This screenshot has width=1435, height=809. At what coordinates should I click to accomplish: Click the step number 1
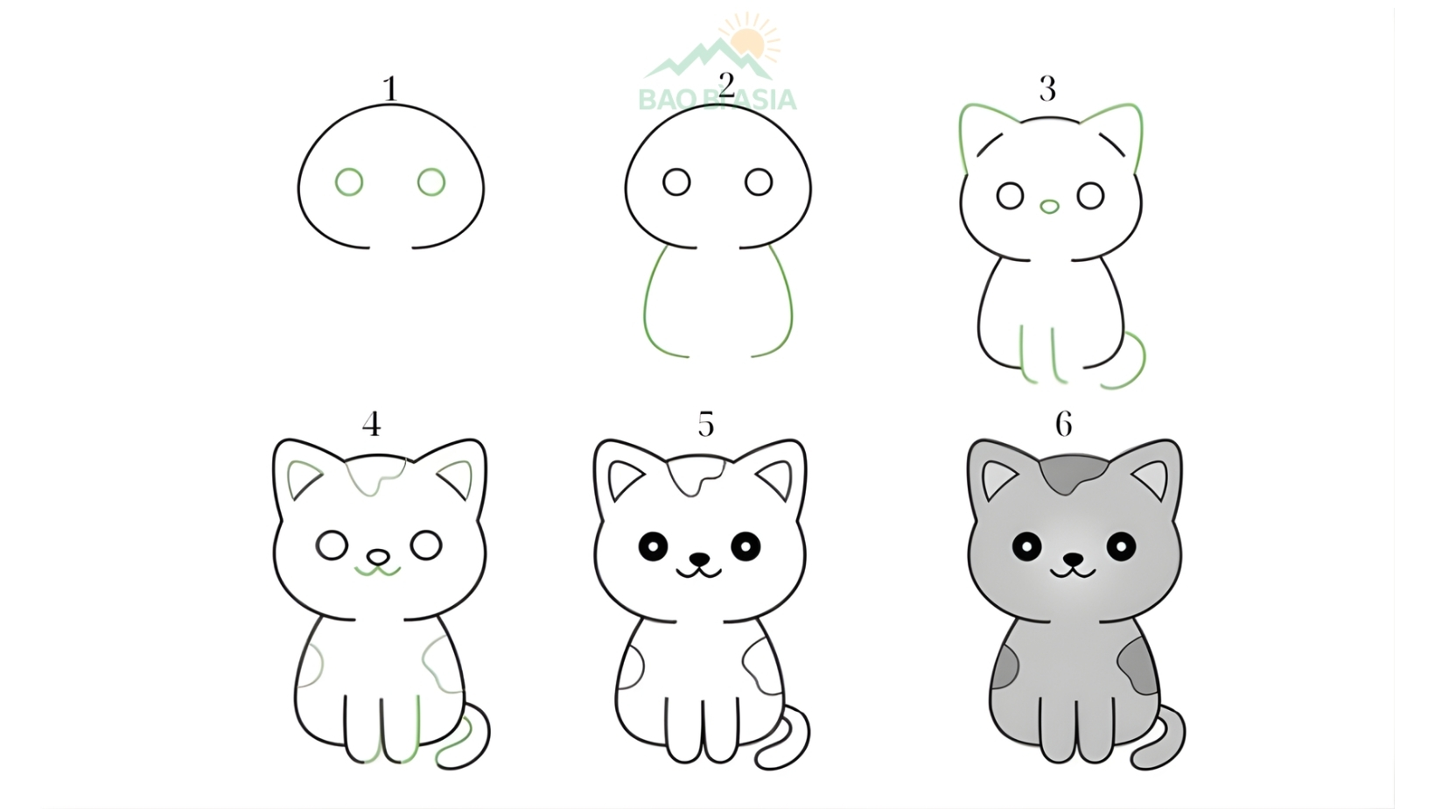390,89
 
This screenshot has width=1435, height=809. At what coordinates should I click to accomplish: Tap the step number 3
1047,88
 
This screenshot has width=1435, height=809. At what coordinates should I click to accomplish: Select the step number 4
371,425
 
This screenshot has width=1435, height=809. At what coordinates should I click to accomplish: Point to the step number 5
705,425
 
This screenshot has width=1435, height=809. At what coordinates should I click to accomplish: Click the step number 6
1063,425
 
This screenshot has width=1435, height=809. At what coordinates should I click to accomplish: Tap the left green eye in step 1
349,182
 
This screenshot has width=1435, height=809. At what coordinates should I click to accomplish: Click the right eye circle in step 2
759,182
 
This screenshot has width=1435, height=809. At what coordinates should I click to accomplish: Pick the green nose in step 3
1049,208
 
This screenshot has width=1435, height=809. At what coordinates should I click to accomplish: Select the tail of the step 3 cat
1134,363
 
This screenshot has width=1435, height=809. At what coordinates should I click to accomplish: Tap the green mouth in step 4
377,572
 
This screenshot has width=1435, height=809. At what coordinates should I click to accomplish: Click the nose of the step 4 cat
377,557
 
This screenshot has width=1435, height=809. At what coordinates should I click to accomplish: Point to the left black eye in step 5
653,547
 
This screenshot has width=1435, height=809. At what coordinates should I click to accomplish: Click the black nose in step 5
699,558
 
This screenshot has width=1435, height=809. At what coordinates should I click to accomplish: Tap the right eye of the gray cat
1121,547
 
